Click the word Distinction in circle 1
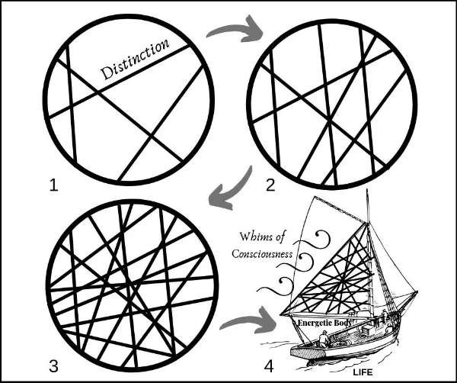[x=135, y=60]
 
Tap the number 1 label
[x=54, y=185]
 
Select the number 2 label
[x=270, y=185]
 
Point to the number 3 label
[x=53, y=366]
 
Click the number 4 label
[x=269, y=366]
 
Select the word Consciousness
[x=262, y=253]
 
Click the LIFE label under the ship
[x=363, y=372]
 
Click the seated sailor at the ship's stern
[x=324, y=339]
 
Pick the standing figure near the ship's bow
[x=385, y=315]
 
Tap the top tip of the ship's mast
[x=367, y=189]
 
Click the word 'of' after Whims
[x=280, y=237]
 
